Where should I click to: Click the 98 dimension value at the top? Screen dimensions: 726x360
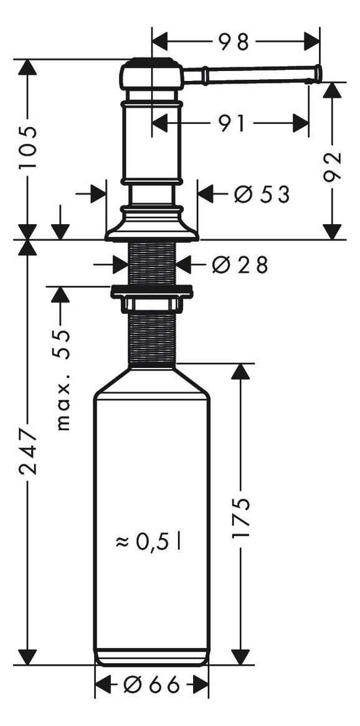(x=234, y=42)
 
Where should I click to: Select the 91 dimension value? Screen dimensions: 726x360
(x=231, y=123)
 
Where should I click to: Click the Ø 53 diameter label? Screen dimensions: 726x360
(x=262, y=195)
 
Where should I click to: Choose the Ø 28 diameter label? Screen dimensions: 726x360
(x=240, y=265)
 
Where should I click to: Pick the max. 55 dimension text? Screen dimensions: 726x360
(x=62, y=379)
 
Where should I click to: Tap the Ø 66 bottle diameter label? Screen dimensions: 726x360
(x=151, y=686)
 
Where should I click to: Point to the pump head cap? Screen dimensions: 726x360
(x=151, y=73)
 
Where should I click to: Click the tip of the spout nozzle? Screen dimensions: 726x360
(x=318, y=74)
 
